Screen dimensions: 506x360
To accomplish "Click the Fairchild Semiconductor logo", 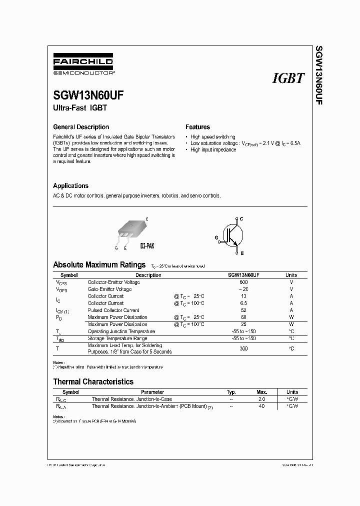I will pyautogui.click(x=83, y=65).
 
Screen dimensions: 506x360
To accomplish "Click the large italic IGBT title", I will pyautogui.click(x=288, y=78).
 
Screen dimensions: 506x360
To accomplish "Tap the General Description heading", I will pyautogui.click(x=81, y=127).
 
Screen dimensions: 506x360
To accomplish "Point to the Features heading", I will pyautogui.click(x=197, y=127).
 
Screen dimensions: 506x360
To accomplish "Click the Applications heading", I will pyautogui.click(x=70, y=185).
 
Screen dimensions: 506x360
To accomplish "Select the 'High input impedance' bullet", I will pyautogui.click(x=213, y=150).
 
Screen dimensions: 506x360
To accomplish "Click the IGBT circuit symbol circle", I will pyautogui.click(x=232, y=234).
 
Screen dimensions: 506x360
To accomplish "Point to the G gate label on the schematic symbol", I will pyautogui.click(x=217, y=238).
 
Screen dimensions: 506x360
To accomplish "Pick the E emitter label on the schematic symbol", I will pyautogui.click(x=242, y=253).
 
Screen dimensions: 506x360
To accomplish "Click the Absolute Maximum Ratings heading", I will pyautogui.click(x=99, y=264).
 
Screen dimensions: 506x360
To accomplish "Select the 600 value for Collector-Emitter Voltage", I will pyautogui.click(x=243, y=282).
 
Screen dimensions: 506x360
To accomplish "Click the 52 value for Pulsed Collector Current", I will pyautogui.click(x=243, y=310).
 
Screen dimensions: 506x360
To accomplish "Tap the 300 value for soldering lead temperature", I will pyautogui.click(x=243, y=348).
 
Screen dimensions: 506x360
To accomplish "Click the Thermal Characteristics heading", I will pyautogui.click(x=93, y=381).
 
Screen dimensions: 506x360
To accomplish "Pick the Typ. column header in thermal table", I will pyautogui.click(x=231, y=392).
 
